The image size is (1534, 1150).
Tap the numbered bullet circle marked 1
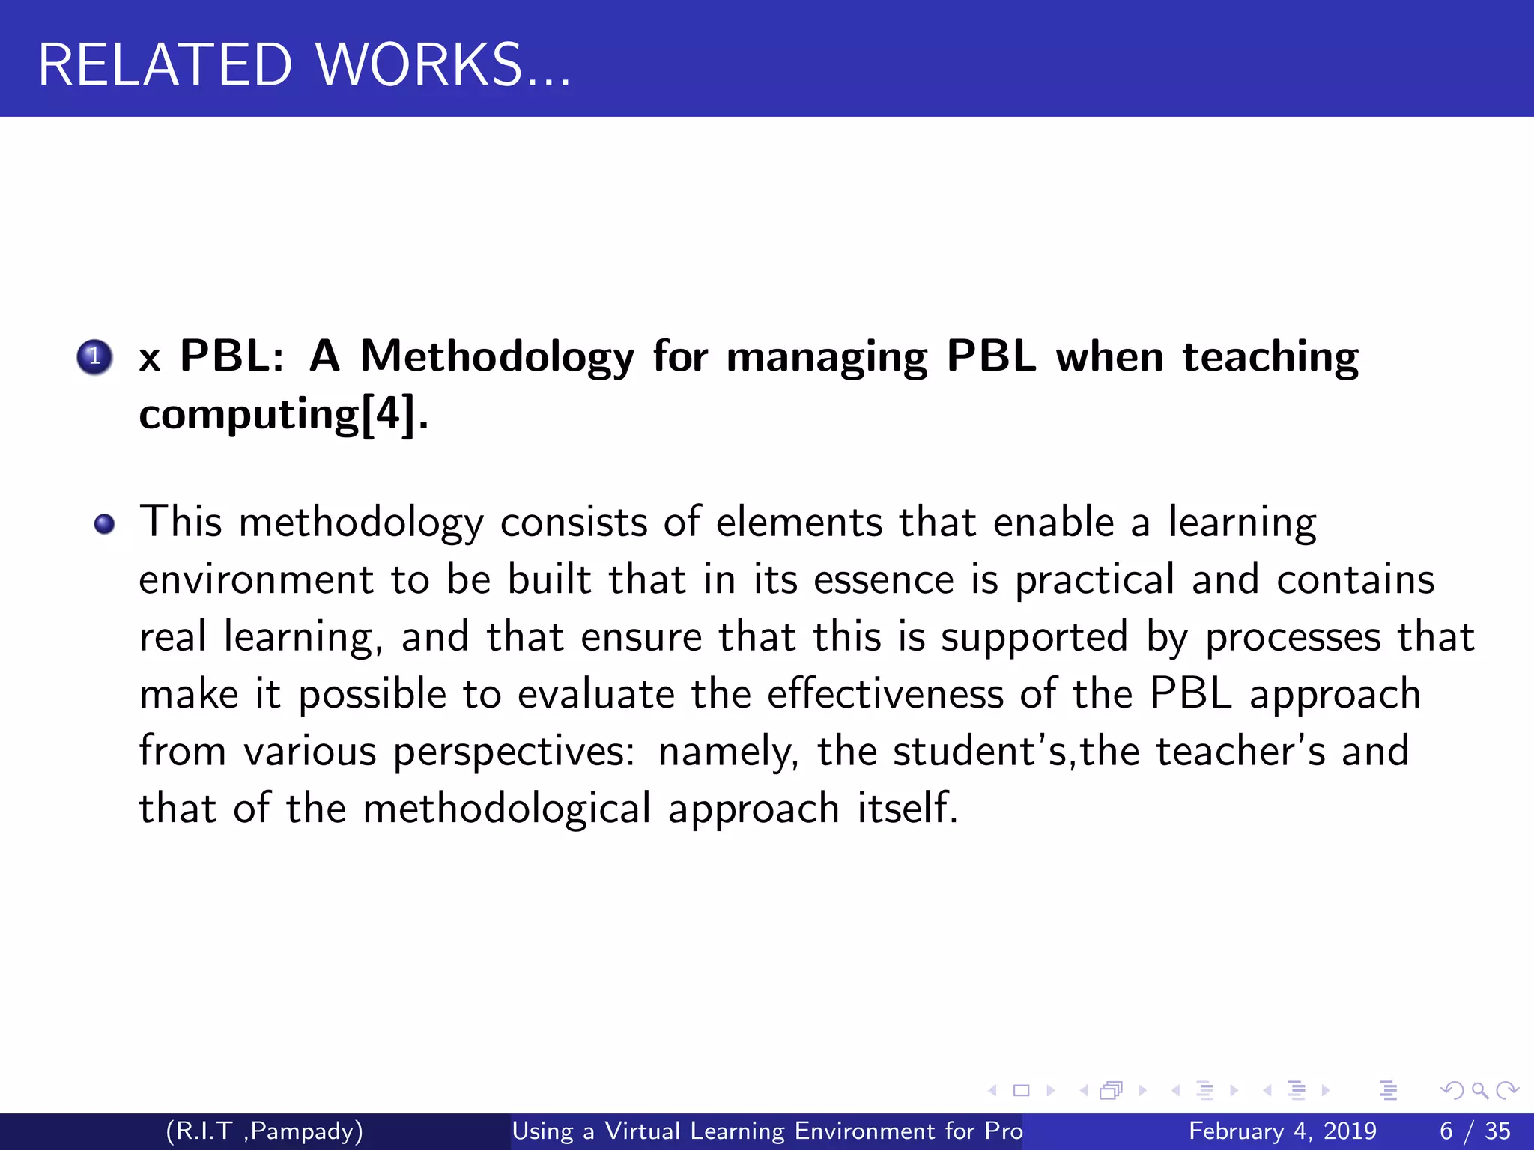(x=94, y=357)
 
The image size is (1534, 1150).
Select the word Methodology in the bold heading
(x=497, y=357)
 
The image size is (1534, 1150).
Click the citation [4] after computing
(x=388, y=414)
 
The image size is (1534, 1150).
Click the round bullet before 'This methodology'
(x=105, y=524)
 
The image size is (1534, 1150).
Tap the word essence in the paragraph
(x=883, y=580)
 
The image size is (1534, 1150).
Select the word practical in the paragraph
(x=1094, y=580)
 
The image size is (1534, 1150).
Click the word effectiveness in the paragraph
(x=885, y=694)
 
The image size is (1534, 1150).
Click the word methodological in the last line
(x=507, y=809)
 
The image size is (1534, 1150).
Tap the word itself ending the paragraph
(x=907, y=809)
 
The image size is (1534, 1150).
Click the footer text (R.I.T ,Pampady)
(x=264, y=1131)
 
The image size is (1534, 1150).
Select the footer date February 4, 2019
(x=1282, y=1131)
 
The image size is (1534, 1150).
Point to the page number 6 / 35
(x=1475, y=1131)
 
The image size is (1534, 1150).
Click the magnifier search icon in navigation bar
(x=1479, y=1091)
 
